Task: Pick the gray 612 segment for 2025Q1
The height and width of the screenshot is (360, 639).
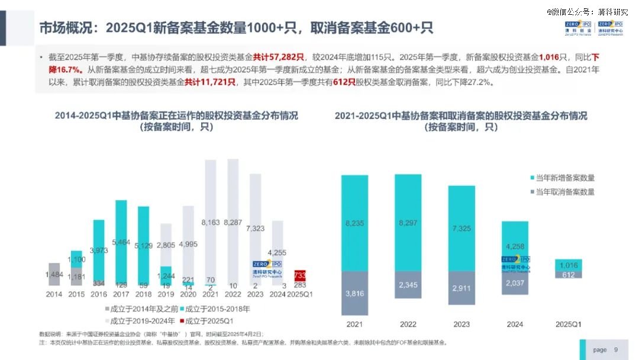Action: [x=569, y=274]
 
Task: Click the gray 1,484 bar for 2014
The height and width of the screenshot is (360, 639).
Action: [x=54, y=274]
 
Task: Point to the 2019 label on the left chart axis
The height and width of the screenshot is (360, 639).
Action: [x=166, y=294]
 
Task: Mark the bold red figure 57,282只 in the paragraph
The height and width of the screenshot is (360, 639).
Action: [x=279, y=57]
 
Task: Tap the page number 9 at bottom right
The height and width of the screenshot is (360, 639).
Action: [x=616, y=349]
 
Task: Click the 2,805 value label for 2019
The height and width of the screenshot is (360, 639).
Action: [x=166, y=245]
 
